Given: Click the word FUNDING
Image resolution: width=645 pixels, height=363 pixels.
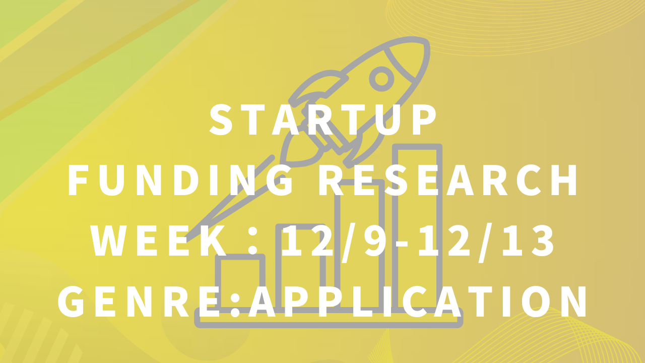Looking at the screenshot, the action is coord(181,180).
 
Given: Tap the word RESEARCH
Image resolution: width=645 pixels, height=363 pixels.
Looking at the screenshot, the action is coord(448,180).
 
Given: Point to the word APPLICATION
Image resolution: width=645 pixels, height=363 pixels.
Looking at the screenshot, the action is coord(418,301).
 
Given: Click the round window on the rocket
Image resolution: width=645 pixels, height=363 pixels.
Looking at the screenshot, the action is coord(381,79).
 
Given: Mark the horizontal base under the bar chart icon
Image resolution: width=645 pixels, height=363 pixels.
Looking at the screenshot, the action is coord(329,318).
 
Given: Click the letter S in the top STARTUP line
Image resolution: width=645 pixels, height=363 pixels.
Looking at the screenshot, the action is coord(221,119).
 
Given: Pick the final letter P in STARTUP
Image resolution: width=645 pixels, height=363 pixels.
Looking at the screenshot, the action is coord(424,119).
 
